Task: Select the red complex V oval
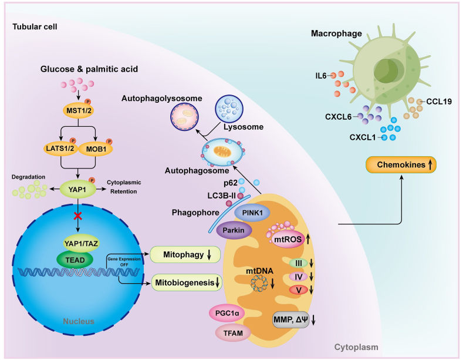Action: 298,290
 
